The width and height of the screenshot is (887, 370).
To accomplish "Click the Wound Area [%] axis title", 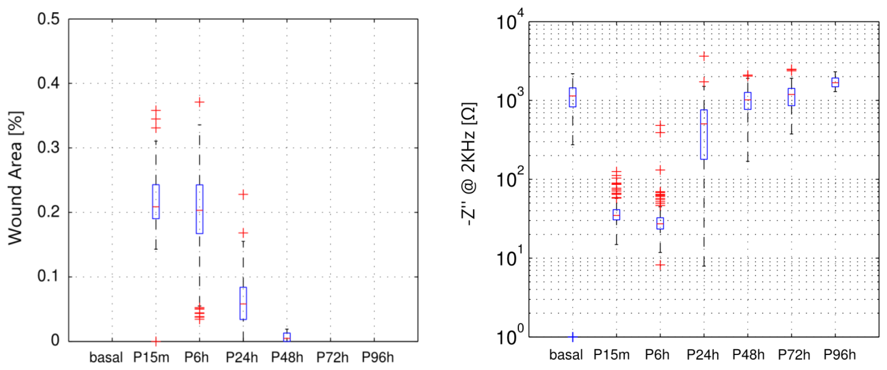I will pos(16,178).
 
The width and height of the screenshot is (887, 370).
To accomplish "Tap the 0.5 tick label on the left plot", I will pos(48,19).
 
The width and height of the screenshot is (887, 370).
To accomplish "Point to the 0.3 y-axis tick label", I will pos(48,148).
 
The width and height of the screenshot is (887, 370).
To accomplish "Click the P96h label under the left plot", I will pos(378,358).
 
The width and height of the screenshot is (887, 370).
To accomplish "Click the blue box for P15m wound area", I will pos(156,202).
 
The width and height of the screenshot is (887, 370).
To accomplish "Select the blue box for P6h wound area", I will pos(199,209).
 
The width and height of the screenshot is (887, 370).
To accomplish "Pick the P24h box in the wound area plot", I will pos(243,303).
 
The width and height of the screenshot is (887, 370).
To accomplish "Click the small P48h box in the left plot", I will pos(287,337).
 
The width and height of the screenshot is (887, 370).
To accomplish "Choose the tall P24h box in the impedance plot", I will pos(704,135).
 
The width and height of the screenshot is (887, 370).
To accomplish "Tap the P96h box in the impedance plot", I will pos(835,83).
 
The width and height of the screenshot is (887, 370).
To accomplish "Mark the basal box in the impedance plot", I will pos(573,97).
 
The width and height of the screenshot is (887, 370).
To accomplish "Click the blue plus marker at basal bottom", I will pos(573,337).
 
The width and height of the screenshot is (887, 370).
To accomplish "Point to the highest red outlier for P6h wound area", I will pos(199,102).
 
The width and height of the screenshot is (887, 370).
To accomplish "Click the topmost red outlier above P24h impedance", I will pos(704,56).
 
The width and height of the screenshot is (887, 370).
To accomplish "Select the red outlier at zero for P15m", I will pos(156,341).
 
